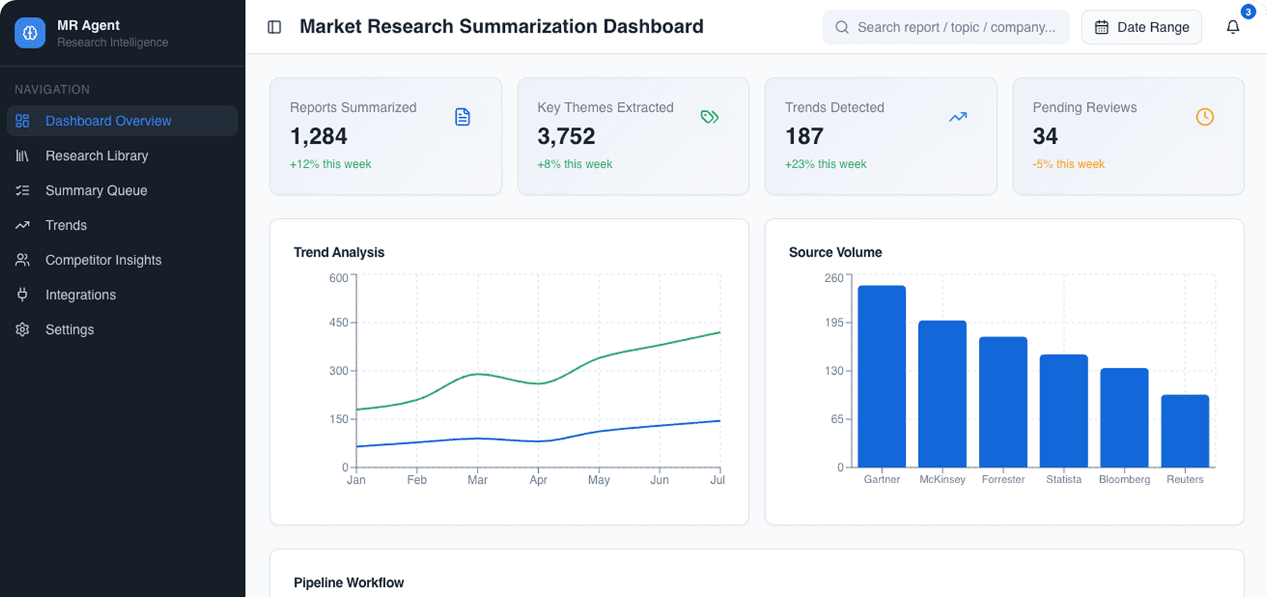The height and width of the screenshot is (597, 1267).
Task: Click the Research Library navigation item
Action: pyautogui.click(x=96, y=155)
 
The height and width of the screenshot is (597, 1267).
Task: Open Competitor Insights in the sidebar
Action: pyautogui.click(x=103, y=260)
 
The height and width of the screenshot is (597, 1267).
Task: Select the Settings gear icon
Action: pyautogui.click(x=22, y=329)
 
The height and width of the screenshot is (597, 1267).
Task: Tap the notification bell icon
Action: pyautogui.click(x=1233, y=27)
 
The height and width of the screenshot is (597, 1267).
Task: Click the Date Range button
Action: pyautogui.click(x=1142, y=27)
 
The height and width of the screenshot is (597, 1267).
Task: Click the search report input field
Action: pyautogui.click(x=954, y=27)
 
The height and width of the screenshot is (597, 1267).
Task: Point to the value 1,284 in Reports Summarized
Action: pyautogui.click(x=319, y=136)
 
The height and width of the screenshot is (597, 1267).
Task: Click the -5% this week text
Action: pyautogui.click(x=1068, y=164)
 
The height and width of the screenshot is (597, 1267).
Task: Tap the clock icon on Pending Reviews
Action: pyautogui.click(x=1204, y=117)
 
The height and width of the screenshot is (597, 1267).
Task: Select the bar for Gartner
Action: pyautogui.click(x=881, y=376)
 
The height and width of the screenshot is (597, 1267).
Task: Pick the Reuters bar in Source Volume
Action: pyautogui.click(x=1185, y=431)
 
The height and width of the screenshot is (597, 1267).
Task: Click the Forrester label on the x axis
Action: pyautogui.click(x=1003, y=480)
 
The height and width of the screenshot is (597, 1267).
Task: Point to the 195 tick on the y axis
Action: pyautogui.click(x=834, y=322)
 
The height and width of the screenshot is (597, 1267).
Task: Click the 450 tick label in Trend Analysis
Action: pyautogui.click(x=339, y=322)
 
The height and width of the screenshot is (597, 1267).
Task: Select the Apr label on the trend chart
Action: pyautogui.click(x=538, y=480)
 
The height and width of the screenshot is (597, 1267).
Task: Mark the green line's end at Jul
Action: pyautogui.click(x=719, y=333)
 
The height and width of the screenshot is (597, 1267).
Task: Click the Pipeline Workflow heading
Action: pyautogui.click(x=349, y=583)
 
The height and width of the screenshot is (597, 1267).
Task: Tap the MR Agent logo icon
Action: pyautogui.click(x=30, y=33)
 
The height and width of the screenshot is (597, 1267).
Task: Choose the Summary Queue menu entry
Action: pyautogui.click(x=96, y=190)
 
